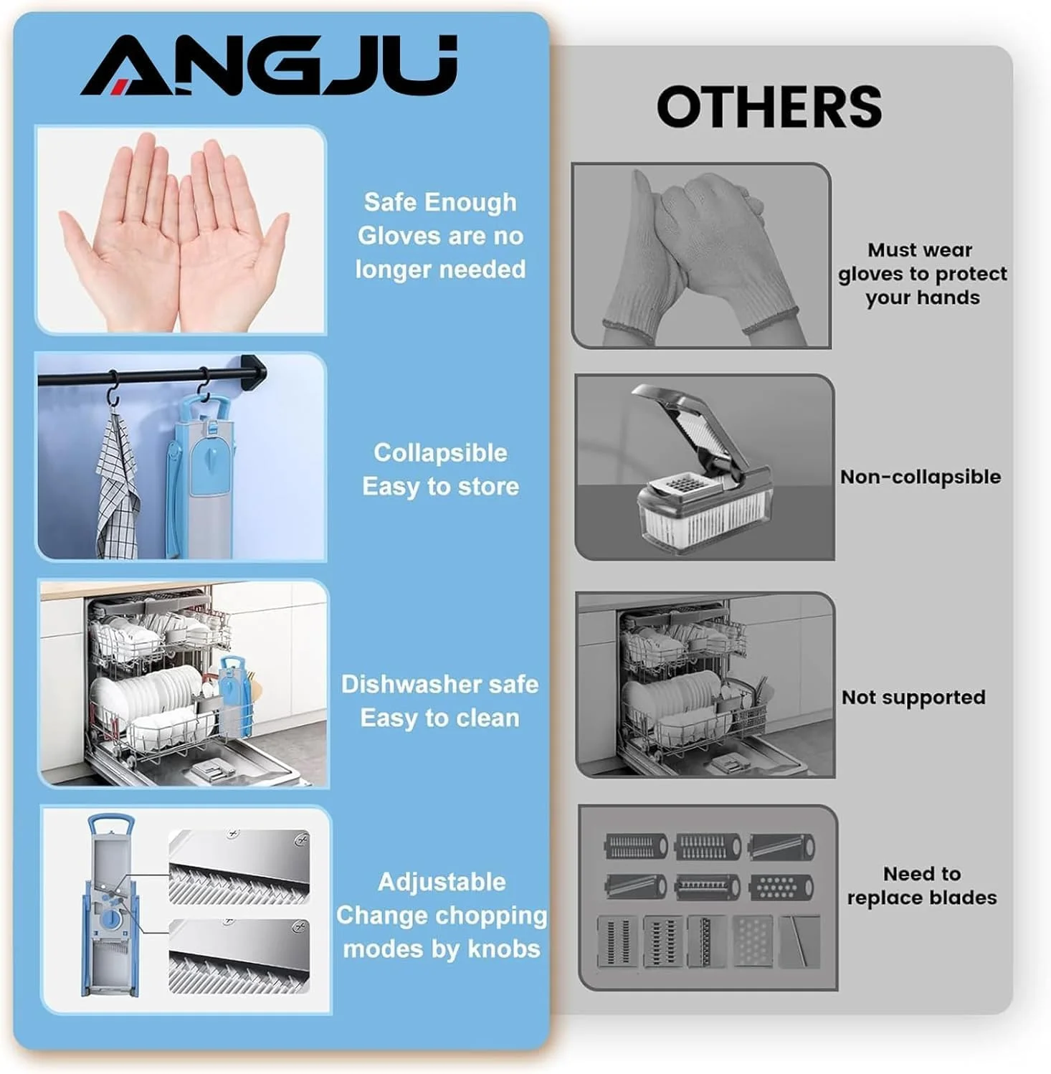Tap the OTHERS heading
tap(769, 107)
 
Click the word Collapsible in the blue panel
tap(440, 453)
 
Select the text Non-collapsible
tap(921, 477)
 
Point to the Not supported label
tap(913, 698)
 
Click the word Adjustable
tap(442, 882)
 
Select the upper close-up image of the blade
tap(239, 867)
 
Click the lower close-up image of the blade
tap(239, 956)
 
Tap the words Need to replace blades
tap(922, 885)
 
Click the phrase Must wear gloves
tap(921, 262)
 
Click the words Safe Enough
tap(440, 202)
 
